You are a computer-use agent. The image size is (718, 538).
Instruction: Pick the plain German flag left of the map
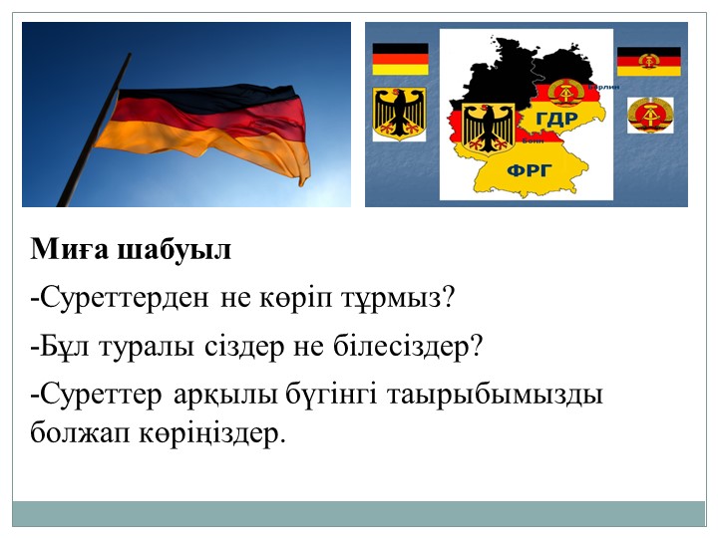tap(400, 59)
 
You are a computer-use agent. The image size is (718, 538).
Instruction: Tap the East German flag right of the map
tap(648, 62)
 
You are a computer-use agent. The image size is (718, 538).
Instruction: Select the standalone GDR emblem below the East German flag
tap(649, 115)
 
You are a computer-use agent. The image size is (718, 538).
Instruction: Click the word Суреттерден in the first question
tap(108, 297)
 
